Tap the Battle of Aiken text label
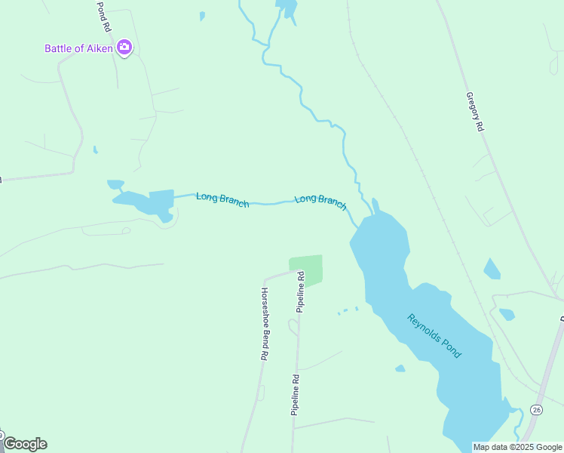(78, 48)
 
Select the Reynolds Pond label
(434, 336)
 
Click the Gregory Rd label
(474, 112)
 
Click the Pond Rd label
(103, 15)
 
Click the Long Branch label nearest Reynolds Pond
(320, 200)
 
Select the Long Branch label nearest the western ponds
(222, 199)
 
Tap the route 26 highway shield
(536, 409)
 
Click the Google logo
(25, 444)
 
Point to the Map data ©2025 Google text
(518, 447)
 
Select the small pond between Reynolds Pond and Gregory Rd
(492, 269)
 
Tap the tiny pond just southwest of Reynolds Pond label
(400, 368)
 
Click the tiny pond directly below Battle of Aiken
(95, 149)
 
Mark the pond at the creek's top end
(287, 8)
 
